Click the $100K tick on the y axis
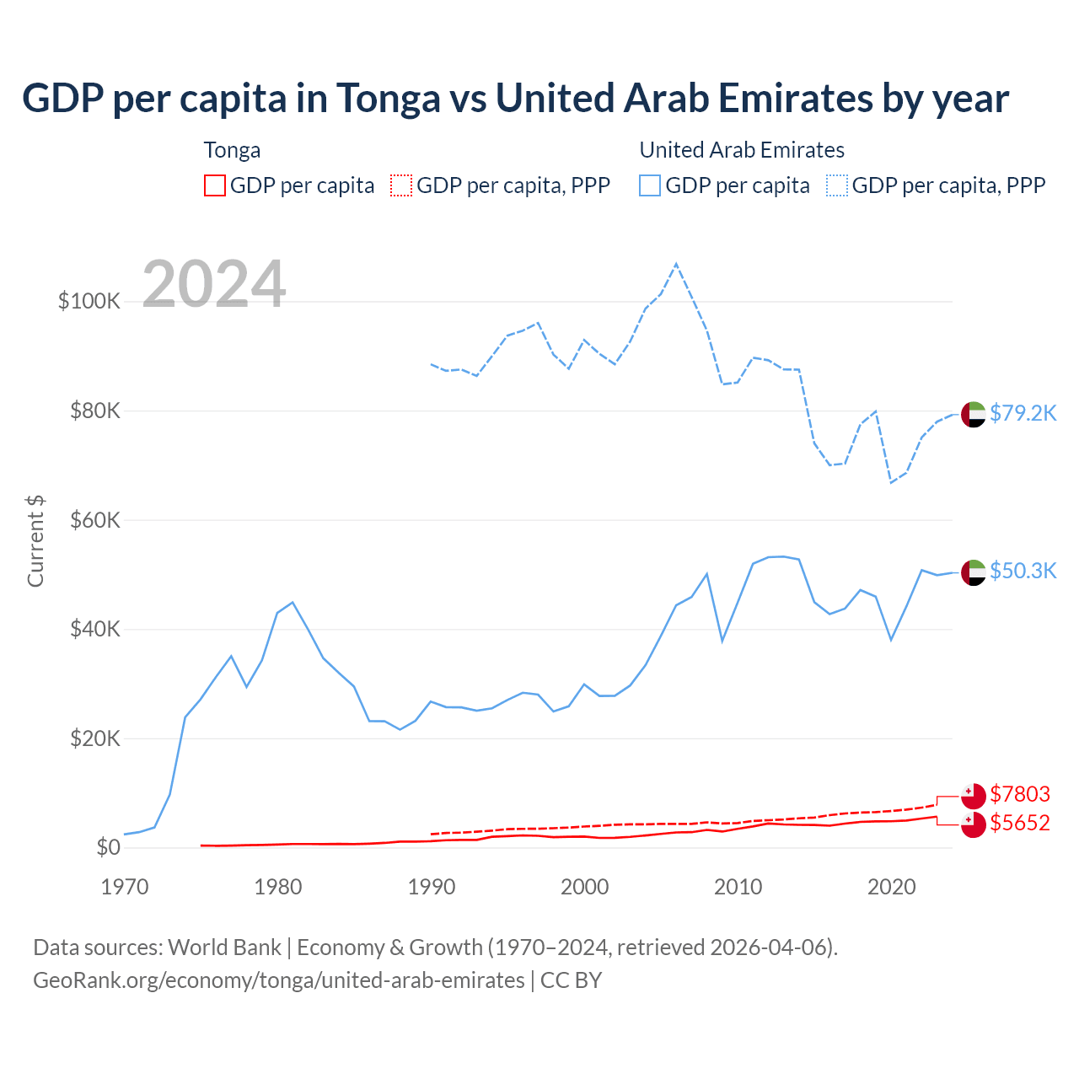tap(89, 301)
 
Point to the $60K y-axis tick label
tap(95, 520)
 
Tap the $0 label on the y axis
tap(108, 847)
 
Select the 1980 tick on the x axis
tap(278, 887)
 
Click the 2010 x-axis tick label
tap(738, 887)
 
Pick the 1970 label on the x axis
tap(125, 887)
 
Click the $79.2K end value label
tap(1023, 413)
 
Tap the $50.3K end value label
tap(1023, 571)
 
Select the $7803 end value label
tap(1020, 794)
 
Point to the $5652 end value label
tap(1020, 823)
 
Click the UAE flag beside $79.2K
tap(973, 414)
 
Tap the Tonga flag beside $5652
tap(973, 824)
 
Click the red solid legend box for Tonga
tap(215, 185)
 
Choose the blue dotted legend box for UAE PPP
tap(837, 185)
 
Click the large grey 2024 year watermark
tap(214, 284)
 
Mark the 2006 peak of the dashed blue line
tap(676, 264)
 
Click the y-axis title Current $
tap(35, 541)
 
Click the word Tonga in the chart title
tap(388, 98)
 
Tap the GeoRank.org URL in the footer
tap(279, 980)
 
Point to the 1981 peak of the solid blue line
tap(293, 602)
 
